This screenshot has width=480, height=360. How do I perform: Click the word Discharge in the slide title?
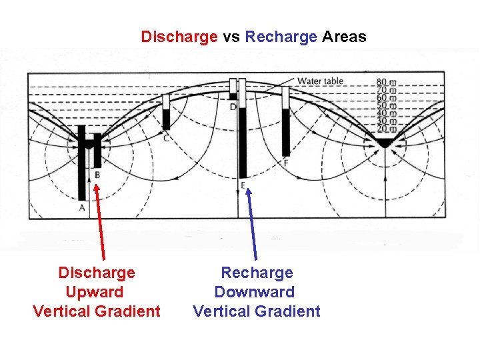(179, 37)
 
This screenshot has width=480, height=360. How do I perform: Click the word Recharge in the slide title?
(281, 37)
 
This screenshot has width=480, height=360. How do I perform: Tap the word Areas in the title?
(344, 37)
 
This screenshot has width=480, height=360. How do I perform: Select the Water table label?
(320, 81)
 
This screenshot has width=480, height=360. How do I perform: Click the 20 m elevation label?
(386, 127)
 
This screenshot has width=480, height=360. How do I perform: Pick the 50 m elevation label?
(386, 106)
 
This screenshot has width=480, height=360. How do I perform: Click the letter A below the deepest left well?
(82, 208)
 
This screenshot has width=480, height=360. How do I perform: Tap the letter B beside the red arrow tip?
(97, 175)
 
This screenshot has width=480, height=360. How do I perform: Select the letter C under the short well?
(166, 138)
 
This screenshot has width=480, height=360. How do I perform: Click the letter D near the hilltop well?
(233, 107)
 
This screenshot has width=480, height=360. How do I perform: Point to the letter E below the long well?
(243, 185)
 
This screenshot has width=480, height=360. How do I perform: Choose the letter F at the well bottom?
(286, 163)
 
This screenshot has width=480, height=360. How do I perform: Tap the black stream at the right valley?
(385, 143)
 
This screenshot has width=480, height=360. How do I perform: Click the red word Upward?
(95, 292)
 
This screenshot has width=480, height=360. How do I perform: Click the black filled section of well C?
(166, 119)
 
